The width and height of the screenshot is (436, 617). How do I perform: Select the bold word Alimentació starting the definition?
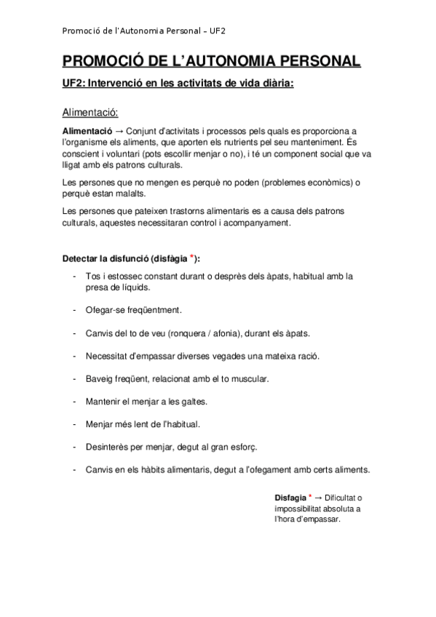pyautogui.click(x=87, y=130)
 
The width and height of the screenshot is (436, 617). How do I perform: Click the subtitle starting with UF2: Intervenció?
pyautogui.click(x=178, y=84)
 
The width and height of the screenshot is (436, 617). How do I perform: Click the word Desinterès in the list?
pyautogui.click(x=107, y=446)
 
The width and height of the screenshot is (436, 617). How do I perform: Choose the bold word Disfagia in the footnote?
pyautogui.click(x=290, y=498)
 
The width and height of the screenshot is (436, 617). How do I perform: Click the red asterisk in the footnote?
pyautogui.click(x=311, y=496)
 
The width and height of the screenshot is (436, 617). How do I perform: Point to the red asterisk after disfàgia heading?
pyautogui.click(x=191, y=257)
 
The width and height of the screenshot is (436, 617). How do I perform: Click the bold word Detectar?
pyautogui.click(x=80, y=259)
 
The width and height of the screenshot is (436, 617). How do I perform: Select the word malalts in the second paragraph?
pyautogui.click(x=128, y=194)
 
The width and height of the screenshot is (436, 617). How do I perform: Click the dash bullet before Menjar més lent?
pyautogui.click(x=76, y=423)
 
